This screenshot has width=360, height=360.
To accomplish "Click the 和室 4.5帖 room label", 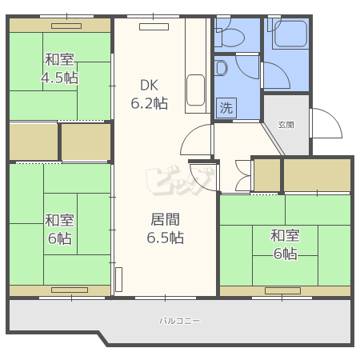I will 61,68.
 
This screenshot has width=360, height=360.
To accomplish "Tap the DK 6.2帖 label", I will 150,94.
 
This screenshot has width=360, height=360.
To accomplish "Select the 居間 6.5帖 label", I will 165,228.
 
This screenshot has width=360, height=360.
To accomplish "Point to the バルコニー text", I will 179,321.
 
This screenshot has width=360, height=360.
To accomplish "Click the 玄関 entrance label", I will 286,124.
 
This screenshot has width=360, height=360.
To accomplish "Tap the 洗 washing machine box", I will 226,107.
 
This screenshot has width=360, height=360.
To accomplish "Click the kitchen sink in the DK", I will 195,90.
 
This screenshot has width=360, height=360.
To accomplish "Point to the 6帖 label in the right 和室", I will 285,245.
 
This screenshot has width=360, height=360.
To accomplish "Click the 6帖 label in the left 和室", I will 60,229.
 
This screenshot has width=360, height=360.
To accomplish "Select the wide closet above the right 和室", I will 317,175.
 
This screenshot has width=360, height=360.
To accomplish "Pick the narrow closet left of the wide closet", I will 266,175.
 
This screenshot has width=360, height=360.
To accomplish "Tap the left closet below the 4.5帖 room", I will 34,142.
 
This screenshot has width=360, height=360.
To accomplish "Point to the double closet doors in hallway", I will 240,175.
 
